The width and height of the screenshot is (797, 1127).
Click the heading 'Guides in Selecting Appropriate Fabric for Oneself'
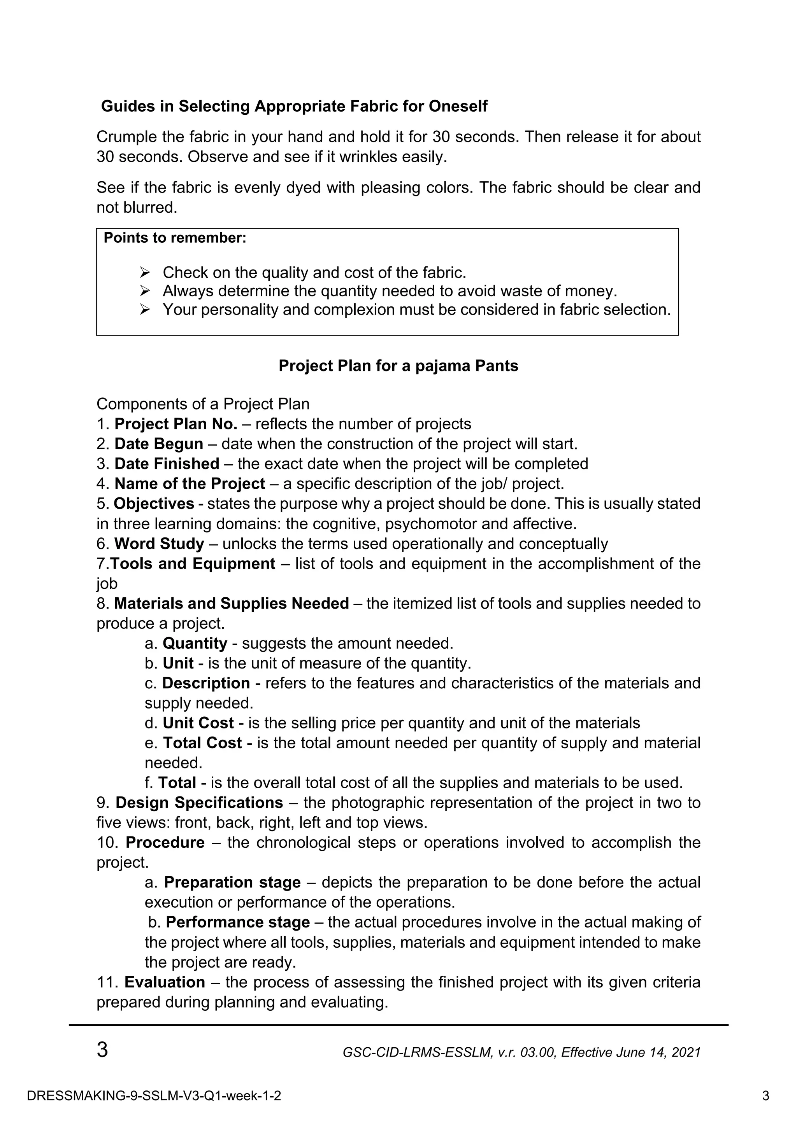(x=294, y=106)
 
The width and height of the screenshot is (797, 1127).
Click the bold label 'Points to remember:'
(x=175, y=238)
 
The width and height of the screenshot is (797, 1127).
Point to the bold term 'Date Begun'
(x=159, y=444)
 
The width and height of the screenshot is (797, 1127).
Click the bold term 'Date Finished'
(x=167, y=464)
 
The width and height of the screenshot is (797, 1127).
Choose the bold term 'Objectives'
(x=154, y=504)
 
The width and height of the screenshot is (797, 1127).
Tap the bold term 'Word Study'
(x=159, y=544)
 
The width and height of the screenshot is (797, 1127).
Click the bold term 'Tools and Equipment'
(x=193, y=563)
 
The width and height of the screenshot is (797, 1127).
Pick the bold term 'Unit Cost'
(x=198, y=723)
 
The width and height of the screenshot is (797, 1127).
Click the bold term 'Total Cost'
(x=202, y=743)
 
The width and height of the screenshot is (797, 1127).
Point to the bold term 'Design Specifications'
(x=199, y=803)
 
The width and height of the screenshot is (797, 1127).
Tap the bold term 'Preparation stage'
(x=232, y=882)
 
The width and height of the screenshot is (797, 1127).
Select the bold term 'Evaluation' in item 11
(x=165, y=982)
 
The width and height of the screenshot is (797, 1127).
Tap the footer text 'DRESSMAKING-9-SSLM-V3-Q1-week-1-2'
(x=154, y=1096)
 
